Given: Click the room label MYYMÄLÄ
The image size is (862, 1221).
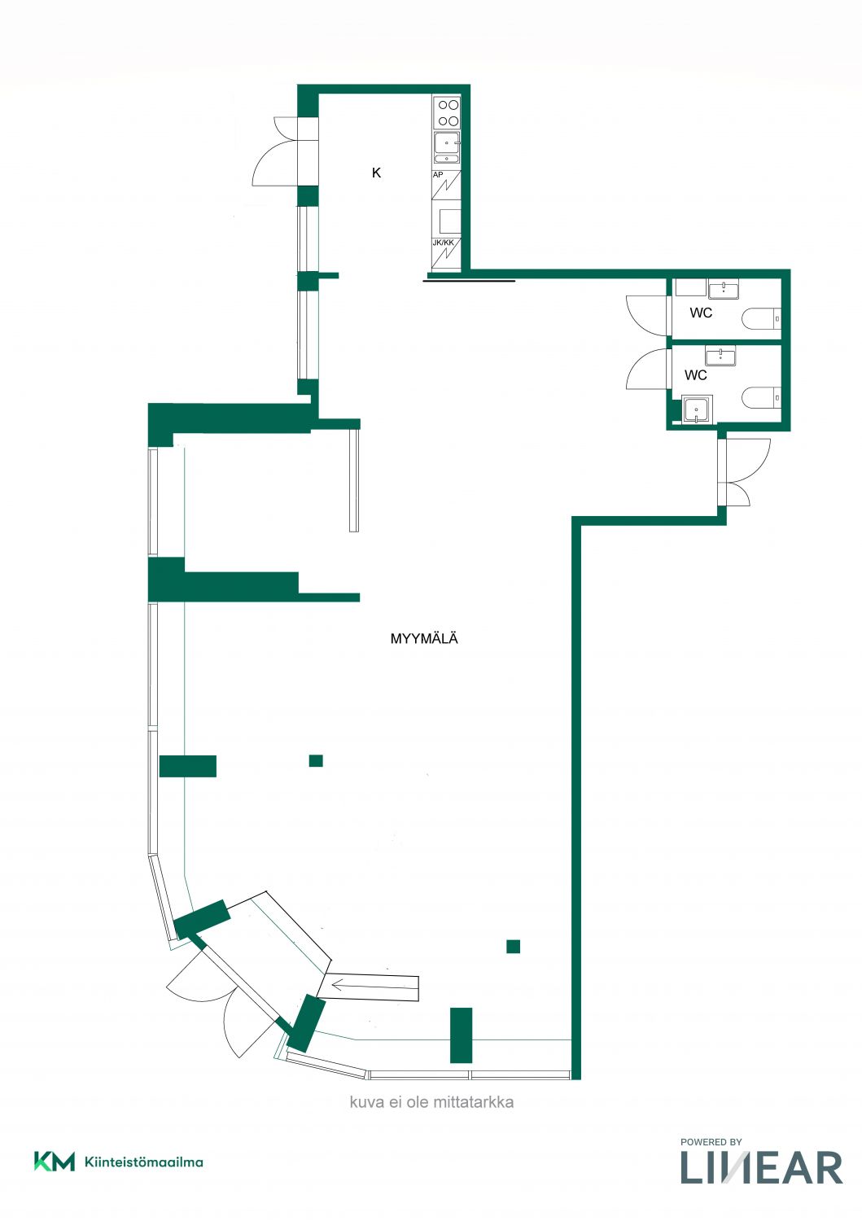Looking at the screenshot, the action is (x=423, y=638).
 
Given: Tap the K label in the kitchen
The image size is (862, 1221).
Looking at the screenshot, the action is (x=376, y=173).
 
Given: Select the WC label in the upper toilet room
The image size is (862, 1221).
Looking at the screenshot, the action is (x=701, y=313).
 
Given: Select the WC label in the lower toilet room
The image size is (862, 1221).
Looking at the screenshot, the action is (x=695, y=375).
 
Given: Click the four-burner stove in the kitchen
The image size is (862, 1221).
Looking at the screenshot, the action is (x=447, y=113).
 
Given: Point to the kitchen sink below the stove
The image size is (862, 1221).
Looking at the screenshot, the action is (x=447, y=147).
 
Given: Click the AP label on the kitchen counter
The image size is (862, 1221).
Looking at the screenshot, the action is (x=438, y=175).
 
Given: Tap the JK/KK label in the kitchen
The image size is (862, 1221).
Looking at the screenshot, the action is (x=443, y=243).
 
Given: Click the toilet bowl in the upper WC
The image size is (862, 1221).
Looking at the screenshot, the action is (x=762, y=318).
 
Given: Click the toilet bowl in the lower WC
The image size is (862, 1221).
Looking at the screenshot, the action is (x=762, y=397).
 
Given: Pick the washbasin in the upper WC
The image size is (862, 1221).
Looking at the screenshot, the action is (x=724, y=289).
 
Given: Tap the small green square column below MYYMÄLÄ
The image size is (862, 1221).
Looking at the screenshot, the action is (x=316, y=760).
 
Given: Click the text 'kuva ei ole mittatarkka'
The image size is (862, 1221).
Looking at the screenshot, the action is (x=431, y=1102).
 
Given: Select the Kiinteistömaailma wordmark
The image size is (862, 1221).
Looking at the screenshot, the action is (x=144, y=1162).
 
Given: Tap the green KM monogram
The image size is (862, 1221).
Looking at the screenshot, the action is (x=54, y=1162).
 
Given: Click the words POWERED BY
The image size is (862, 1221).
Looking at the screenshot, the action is (x=711, y=1142).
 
